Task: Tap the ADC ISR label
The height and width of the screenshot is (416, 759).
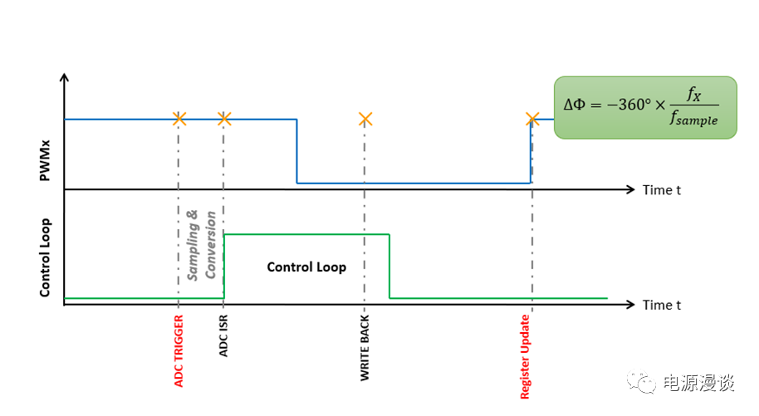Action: pyautogui.click(x=224, y=337)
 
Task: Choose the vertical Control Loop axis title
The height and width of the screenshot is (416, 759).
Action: pyautogui.click(x=46, y=257)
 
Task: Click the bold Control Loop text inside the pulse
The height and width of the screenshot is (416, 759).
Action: pyautogui.click(x=306, y=267)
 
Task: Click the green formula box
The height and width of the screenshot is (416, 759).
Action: pyautogui.click(x=645, y=107)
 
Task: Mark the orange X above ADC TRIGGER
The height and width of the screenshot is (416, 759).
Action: pyautogui.click(x=179, y=119)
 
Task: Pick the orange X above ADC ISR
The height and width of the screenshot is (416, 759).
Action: pyautogui.click(x=223, y=119)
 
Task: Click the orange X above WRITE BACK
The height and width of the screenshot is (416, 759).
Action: pyautogui.click(x=365, y=119)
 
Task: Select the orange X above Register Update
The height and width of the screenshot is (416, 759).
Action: pyautogui.click(x=532, y=119)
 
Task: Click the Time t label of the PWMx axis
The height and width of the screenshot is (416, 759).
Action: pyautogui.click(x=662, y=190)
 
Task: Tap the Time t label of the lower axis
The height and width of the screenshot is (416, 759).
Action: pyautogui.click(x=662, y=305)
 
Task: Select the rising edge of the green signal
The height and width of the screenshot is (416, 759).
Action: pyautogui.click(x=224, y=266)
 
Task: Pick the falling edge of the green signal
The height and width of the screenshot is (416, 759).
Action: pyautogui.click(x=389, y=266)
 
